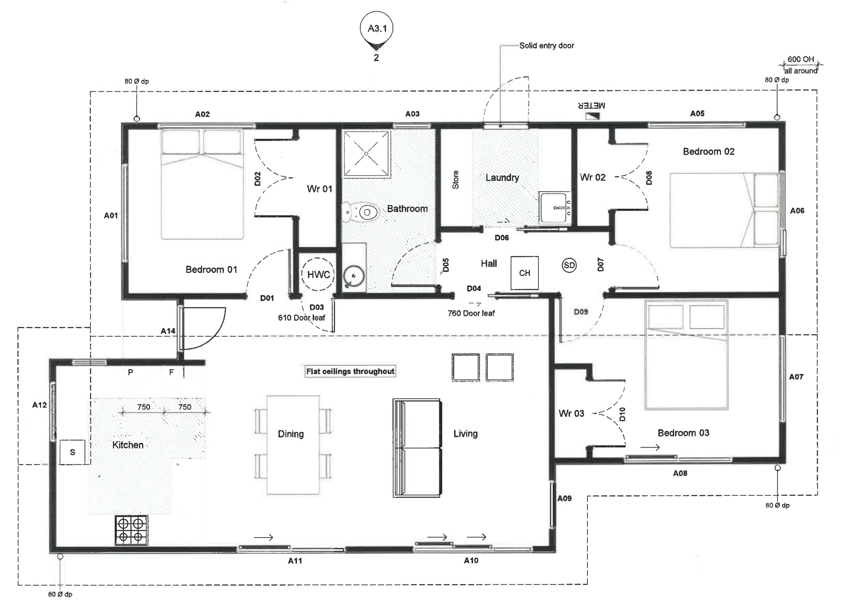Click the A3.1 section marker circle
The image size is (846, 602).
[376, 28]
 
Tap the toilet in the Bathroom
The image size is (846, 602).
[361, 213]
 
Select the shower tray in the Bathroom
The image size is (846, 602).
[367, 154]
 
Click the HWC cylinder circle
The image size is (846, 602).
[318, 274]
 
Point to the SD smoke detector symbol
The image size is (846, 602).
[569, 265]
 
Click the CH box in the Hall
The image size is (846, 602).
[524, 273]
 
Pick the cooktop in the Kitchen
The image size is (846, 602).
[131, 530]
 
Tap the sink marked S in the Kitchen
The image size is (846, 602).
[72, 452]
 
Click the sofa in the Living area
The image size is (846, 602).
[417, 448]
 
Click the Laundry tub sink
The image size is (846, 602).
[555, 207]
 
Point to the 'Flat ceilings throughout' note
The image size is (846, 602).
[350, 371]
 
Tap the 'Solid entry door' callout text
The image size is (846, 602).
[546, 45]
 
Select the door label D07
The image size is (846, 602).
[600, 265]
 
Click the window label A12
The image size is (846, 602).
[39, 405]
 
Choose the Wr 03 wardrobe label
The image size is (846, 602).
[571, 413]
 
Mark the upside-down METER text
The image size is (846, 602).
[591, 106]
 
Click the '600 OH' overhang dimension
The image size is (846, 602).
[801, 59]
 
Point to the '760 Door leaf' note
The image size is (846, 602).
[471, 313]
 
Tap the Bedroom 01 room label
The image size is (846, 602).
[211, 269]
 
